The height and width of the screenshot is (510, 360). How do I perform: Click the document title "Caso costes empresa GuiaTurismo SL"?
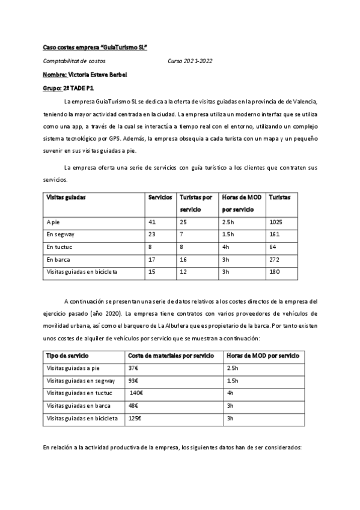(95, 46)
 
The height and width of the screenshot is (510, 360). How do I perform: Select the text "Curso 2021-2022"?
(190, 61)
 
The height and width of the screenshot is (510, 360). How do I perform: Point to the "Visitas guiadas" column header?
(66, 197)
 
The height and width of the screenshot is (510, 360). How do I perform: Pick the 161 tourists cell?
(275, 235)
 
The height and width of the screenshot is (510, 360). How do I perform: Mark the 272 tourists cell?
(275, 259)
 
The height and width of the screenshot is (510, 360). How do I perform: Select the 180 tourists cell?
(275, 272)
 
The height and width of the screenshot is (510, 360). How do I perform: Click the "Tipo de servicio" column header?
(68, 355)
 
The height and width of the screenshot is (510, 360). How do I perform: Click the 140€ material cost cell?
(136, 393)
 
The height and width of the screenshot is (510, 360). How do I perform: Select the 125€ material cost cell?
(135, 418)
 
